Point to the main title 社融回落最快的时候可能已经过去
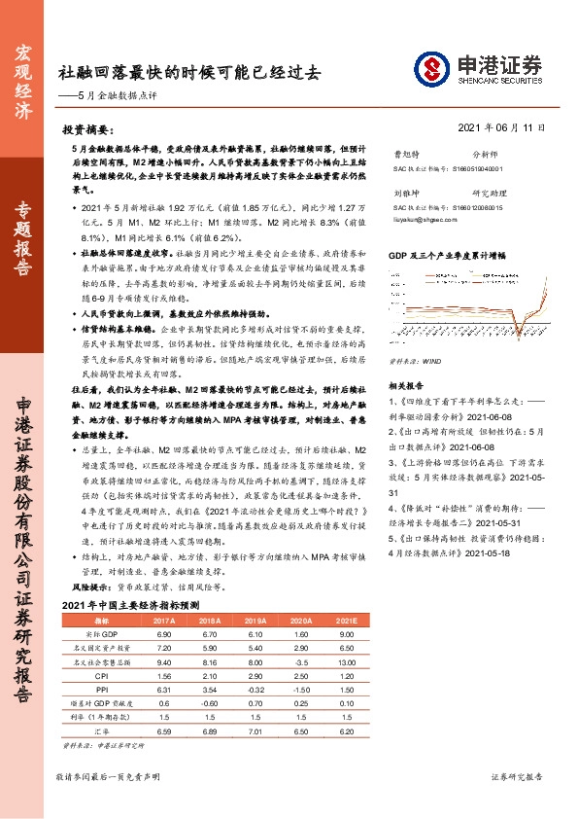point(188,72)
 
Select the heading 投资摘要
point(85,128)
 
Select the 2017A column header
point(164,621)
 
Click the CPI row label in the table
point(100,674)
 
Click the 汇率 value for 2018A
point(209,729)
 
